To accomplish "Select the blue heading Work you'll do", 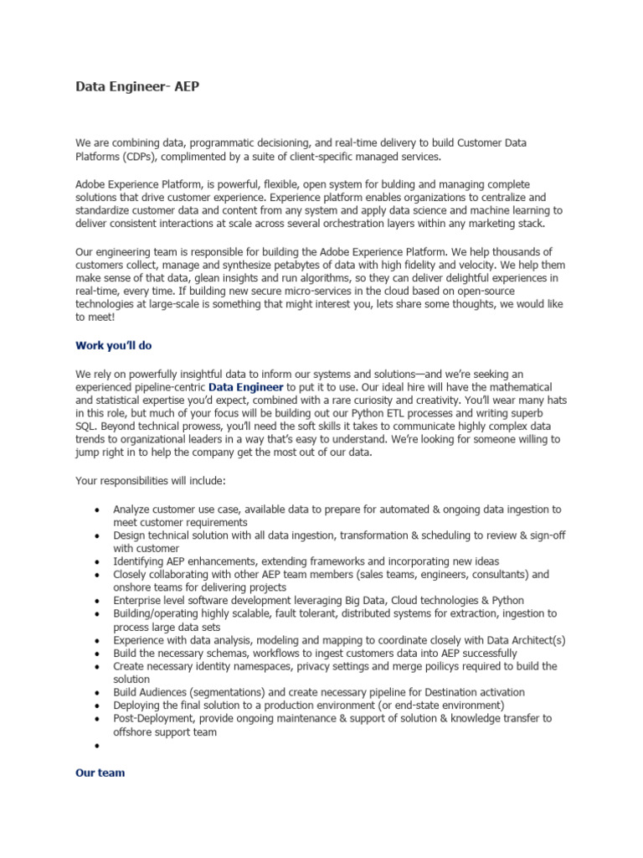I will [113, 344].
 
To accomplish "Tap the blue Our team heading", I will [100, 773].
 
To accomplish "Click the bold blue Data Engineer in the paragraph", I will [246, 387].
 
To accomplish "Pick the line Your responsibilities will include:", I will [150, 481].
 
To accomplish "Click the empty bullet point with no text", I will [98, 746].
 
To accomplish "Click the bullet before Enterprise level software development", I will [98, 602].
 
